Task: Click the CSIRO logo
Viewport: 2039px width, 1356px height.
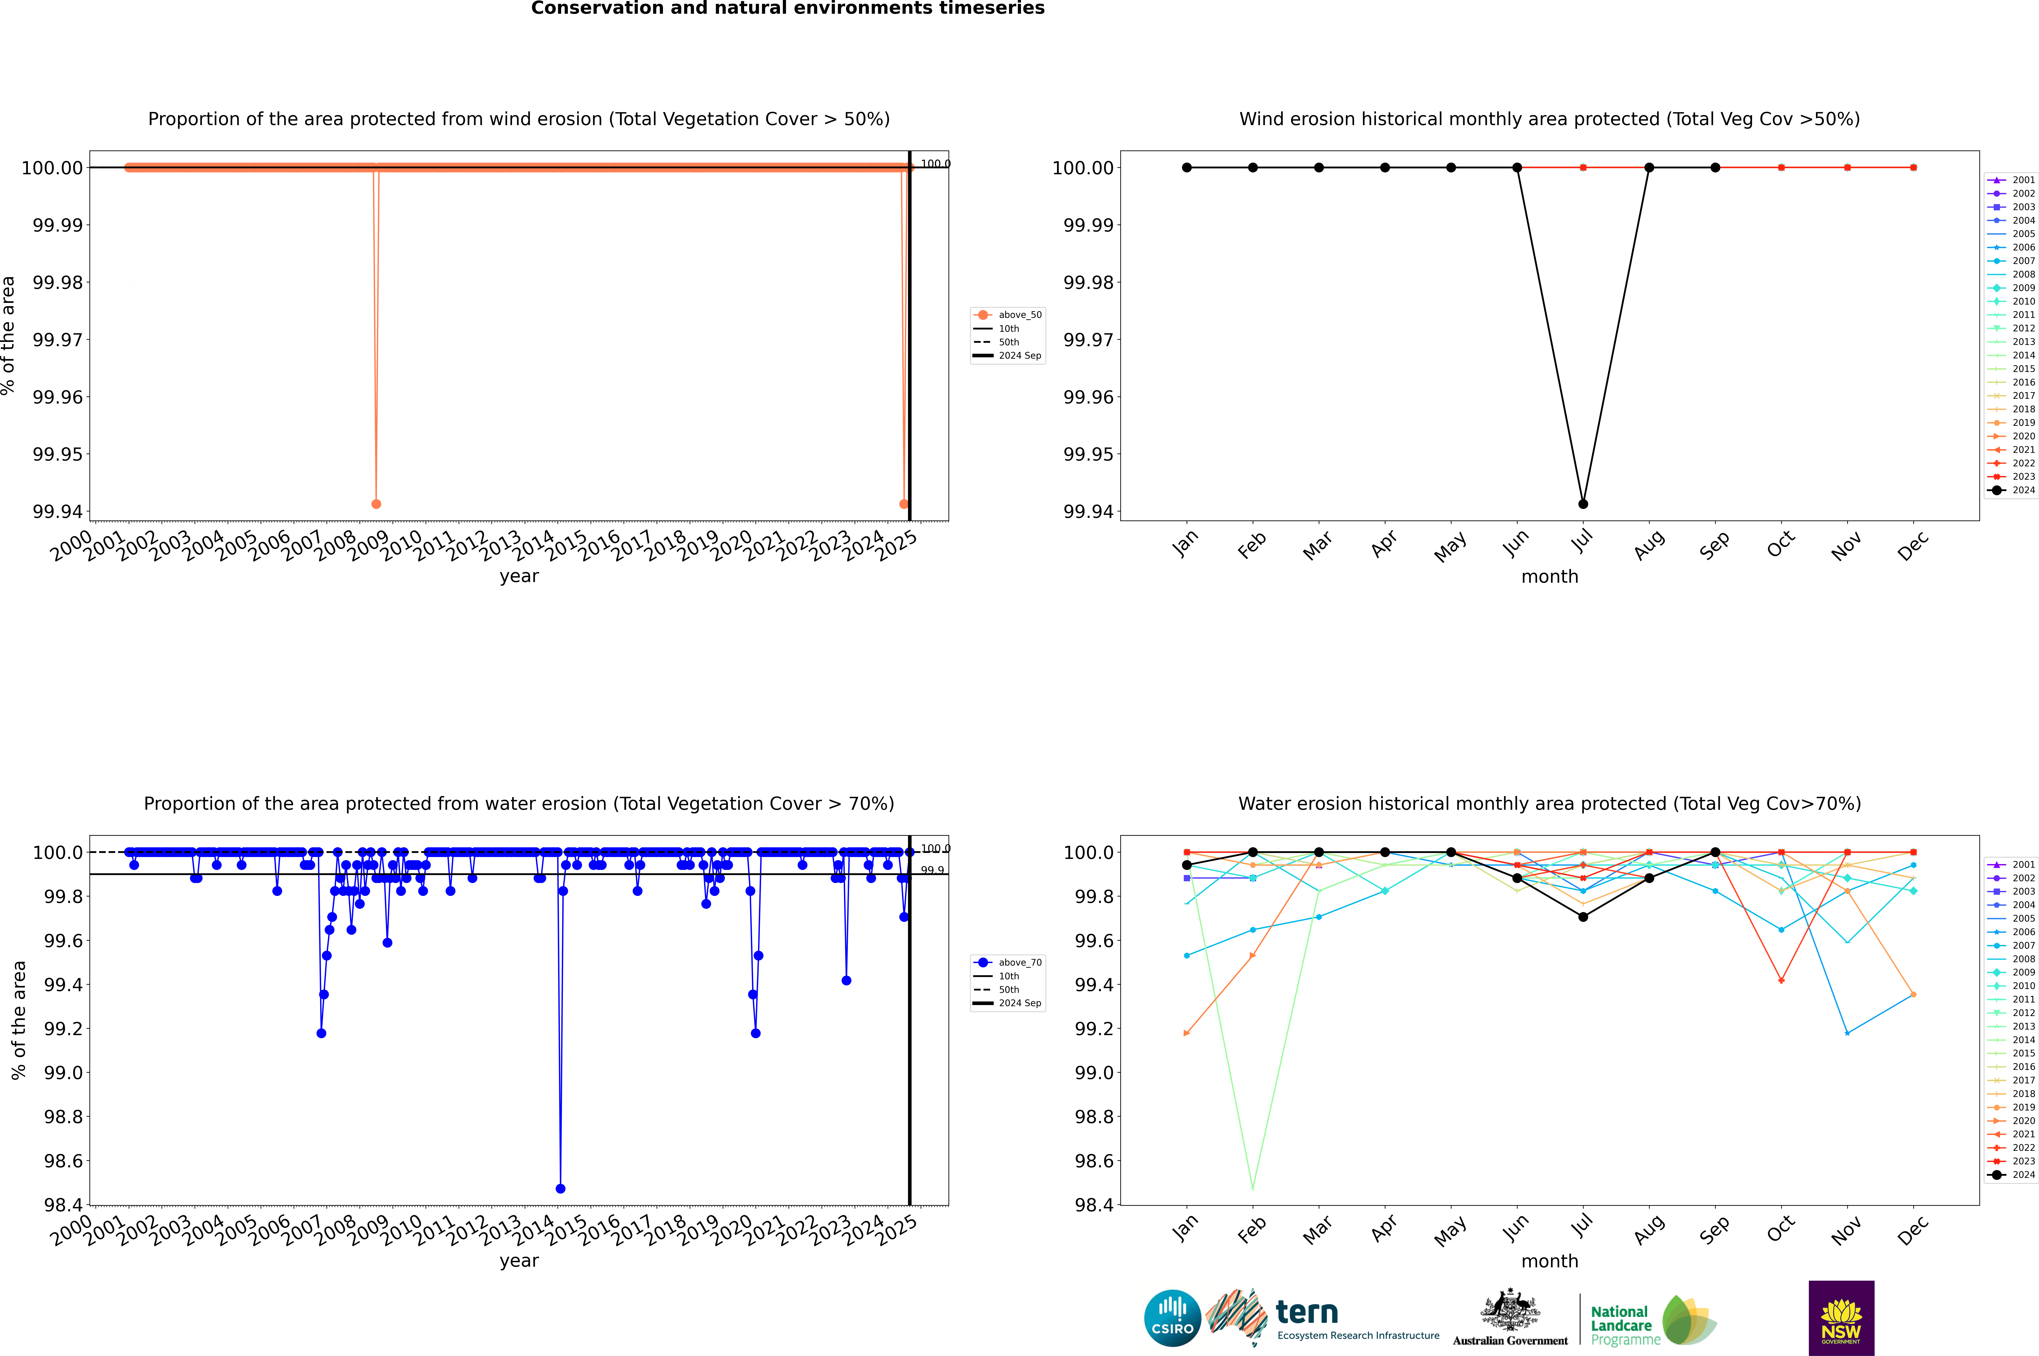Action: [x=1172, y=1318]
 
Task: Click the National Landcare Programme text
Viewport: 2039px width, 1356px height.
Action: [x=1622, y=1325]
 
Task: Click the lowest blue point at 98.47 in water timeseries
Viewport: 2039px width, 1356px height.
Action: [x=560, y=1188]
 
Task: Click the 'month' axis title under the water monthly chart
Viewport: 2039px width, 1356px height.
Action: [x=1549, y=1261]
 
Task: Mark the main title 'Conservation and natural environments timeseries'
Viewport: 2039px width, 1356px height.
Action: [x=787, y=9]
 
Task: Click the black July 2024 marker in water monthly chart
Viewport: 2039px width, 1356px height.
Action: [x=1583, y=917]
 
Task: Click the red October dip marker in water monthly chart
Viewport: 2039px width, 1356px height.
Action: [x=1781, y=981]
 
